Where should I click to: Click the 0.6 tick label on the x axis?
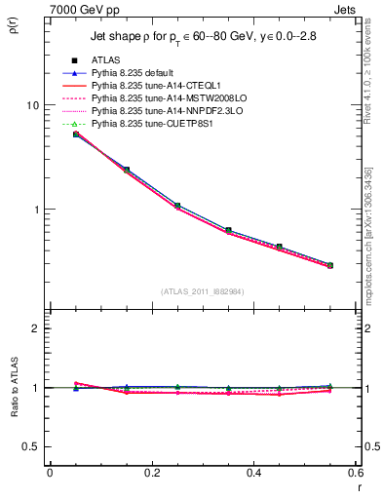tap(357, 473)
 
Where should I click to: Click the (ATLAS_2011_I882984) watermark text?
tap(203, 290)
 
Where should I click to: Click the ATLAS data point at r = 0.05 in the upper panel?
tap(76, 134)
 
